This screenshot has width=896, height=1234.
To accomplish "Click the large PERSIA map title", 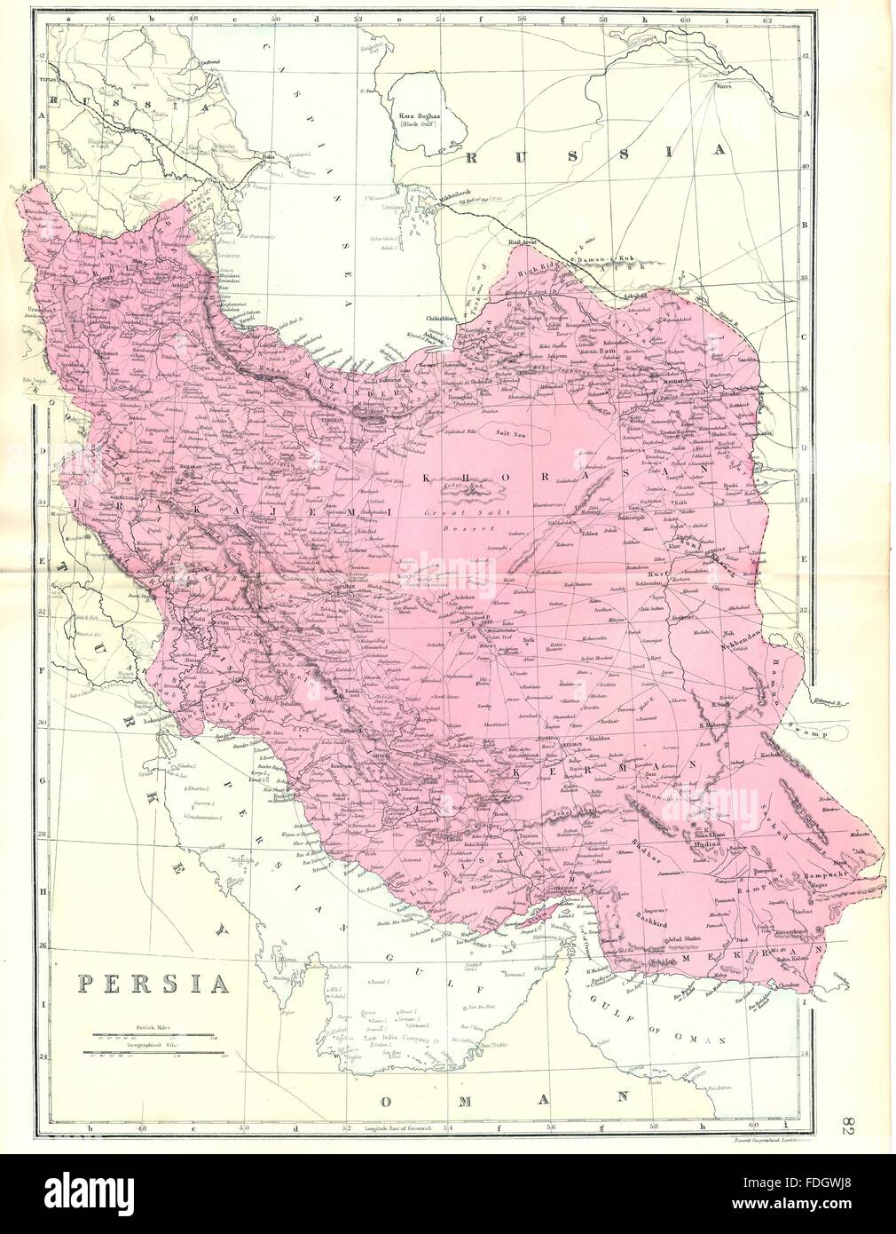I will click(x=153, y=984).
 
